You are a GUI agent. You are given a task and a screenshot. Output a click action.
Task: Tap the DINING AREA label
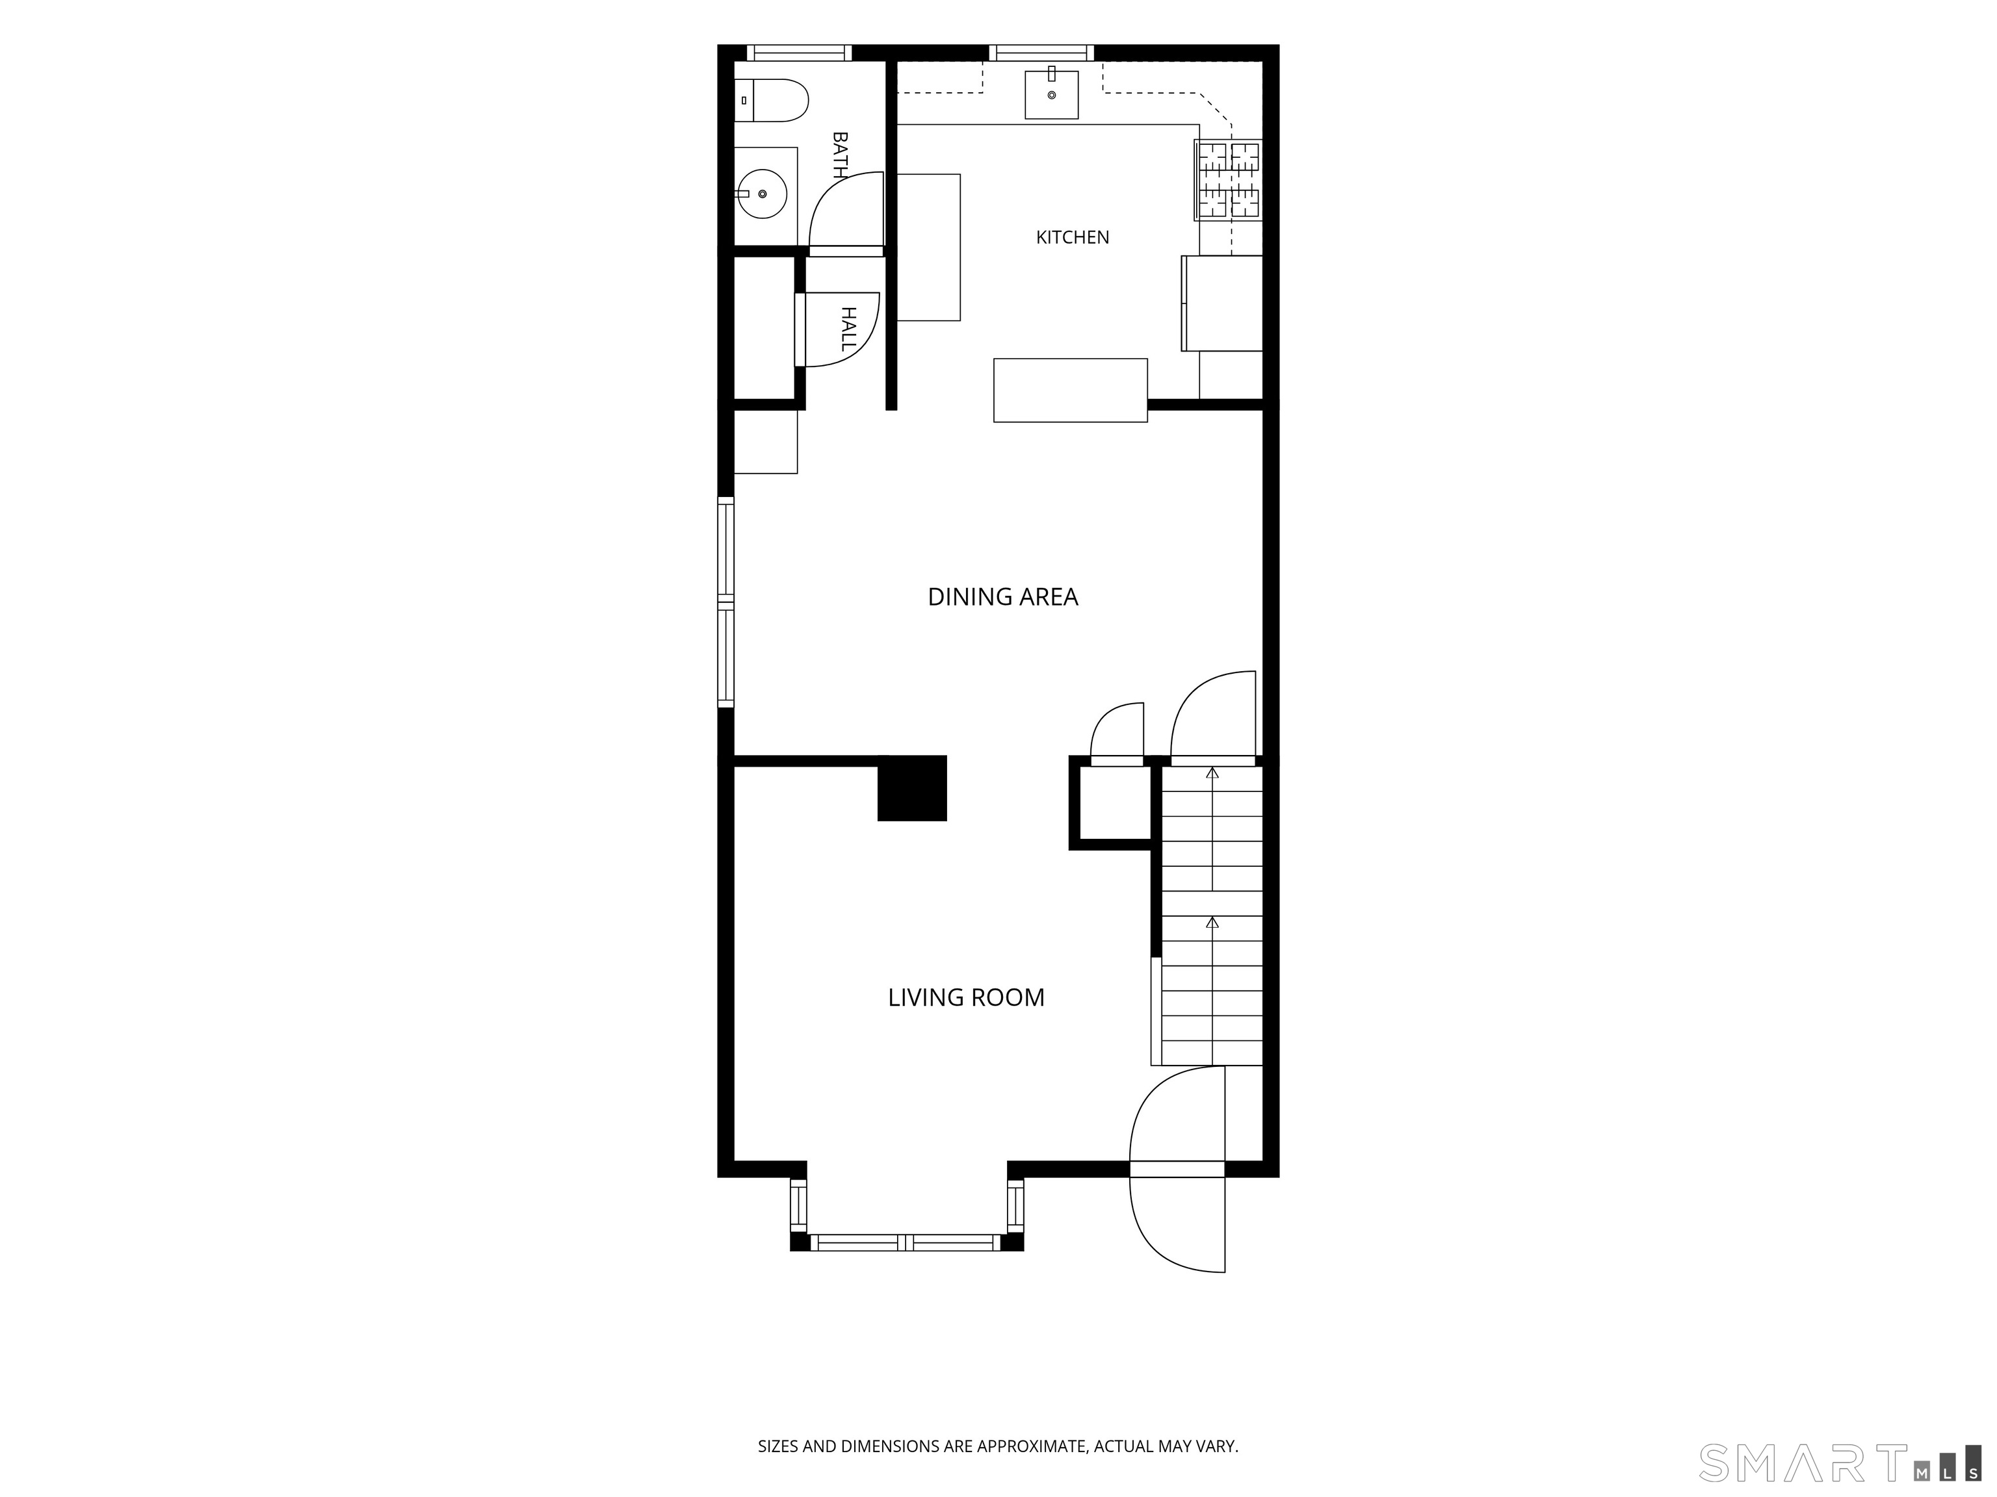pyautogui.click(x=1003, y=596)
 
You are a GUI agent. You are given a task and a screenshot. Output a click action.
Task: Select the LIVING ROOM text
pyautogui.click(x=966, y=997)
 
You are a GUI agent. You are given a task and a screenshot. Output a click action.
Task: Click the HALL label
pyautogui.click(x=848, y=329)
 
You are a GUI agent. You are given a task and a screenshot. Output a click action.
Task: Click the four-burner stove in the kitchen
pyautogui.click(x=1228, y=181)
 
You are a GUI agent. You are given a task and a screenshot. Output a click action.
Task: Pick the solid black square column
pyautogui.click(x=912, y=787)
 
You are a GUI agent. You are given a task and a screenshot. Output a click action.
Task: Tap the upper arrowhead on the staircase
pyautogui.click(x=1212, y=773)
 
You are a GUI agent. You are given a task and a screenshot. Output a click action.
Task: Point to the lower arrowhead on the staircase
pyautogui.click(x=1212, y=922)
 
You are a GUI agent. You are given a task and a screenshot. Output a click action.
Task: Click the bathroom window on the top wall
pyautogui.click(x=800, y=53)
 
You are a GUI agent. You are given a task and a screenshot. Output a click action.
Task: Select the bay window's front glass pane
pyautogui.click(x=906, y=1242)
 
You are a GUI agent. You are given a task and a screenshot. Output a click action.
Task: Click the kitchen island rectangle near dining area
pyautogui.click(x=1071, y=390)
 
